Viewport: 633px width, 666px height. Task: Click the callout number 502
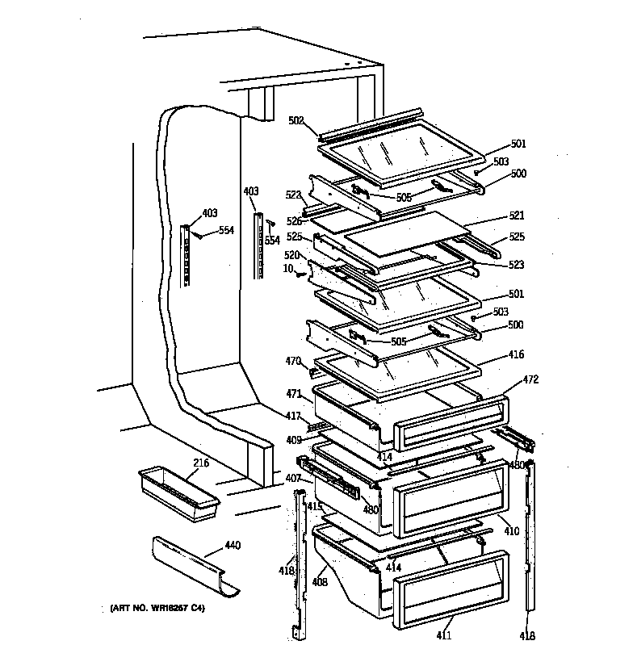(x=296, y=120)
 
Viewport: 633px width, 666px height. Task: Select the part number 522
(x=292, y=195)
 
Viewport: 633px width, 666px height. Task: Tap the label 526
(x=294, y=221)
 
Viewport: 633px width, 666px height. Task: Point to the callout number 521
(x=517, y=216)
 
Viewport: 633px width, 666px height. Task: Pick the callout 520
(x=292, y=254)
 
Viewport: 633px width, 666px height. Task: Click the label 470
(x=292, y=361)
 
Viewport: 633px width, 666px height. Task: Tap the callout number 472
(x=530, y=379)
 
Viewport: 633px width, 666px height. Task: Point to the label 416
(x=517, y=354)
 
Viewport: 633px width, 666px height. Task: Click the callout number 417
(x=292, y=417)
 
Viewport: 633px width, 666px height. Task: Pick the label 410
(x=511, y=531)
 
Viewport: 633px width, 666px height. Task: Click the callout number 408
(x=319, y=580)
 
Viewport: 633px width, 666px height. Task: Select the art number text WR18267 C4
(x=157, y=607)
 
